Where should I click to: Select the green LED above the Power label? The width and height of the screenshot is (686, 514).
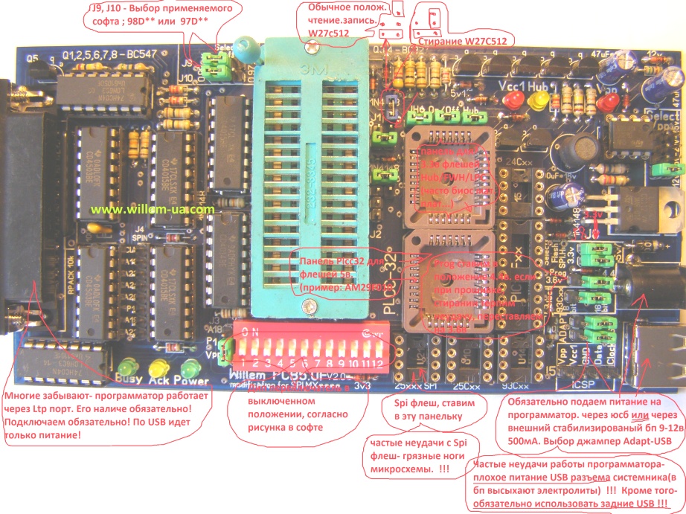click(x=191, y=368)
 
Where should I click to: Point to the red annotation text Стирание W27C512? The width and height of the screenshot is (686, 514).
click(x=461, y=42)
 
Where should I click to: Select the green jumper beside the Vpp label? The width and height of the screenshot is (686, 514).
click(x=228, y=349)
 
